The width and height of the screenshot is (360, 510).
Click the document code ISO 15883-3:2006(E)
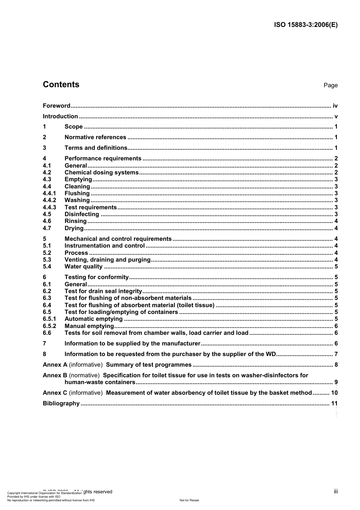pos(305,25)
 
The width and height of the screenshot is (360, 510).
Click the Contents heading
pos(61,85)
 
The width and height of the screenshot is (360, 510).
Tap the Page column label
pos(330,85)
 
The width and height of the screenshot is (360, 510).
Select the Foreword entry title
pos(56,106)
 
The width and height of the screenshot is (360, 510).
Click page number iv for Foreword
pos(335,106)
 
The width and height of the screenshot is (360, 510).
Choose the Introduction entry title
pos(60,116)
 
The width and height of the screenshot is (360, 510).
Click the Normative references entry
pos(95,137)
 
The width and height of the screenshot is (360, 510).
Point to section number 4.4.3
pos(49,207)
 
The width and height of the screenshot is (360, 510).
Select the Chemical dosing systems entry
pos(102,173)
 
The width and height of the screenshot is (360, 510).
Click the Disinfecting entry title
pos(82,214)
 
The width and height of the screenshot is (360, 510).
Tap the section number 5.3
pos(47,260)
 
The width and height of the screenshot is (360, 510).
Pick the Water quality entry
pos(83,267)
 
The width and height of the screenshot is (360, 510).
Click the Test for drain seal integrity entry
pos(103,291)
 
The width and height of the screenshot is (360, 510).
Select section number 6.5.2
pos(49,326)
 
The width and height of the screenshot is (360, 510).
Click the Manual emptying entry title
pos(89,326)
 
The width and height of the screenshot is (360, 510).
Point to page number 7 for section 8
pos(336,354)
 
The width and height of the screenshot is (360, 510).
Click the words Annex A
pos(55,365)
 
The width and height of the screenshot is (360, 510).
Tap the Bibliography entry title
pos(61,403)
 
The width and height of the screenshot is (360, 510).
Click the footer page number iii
pos(336,491)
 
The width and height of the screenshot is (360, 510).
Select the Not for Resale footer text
pos(189,500)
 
